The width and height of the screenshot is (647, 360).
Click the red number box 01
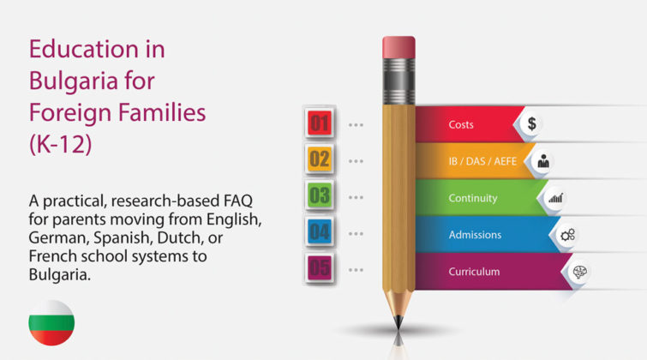320,123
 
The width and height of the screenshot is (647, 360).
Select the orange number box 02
320,159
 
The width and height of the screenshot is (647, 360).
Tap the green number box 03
320,195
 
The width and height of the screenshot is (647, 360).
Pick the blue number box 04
320,231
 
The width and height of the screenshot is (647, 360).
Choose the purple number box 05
320,268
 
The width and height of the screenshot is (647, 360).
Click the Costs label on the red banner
461,124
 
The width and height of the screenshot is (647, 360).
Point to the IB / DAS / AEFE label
482,161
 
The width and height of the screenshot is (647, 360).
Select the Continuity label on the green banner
473,198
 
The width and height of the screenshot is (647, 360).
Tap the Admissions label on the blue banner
475,235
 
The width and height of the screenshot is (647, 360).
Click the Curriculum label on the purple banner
474,272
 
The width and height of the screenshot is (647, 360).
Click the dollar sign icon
532,123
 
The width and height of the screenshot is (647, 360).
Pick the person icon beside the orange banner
543,161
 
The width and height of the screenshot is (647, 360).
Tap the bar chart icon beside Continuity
555,198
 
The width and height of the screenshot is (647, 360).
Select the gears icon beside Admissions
568,235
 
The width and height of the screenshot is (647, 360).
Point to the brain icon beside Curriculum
580,272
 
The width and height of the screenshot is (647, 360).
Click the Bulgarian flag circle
51,323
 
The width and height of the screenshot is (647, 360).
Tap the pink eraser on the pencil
398,47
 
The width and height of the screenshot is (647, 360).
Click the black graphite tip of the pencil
398,322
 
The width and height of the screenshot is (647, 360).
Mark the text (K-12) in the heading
61,144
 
